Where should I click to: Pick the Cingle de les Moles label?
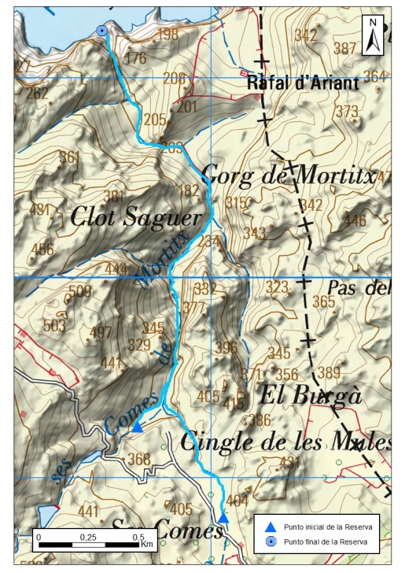click(x=285, y=442)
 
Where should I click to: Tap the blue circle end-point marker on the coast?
click(x=101, y=31)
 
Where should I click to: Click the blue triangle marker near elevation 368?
click(x=137, y=427)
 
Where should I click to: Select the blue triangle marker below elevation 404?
click(x=223, y=518)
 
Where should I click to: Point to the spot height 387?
click(x=344, y=48)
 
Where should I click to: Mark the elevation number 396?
click(x=226, y=347)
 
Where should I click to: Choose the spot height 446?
click(x=355, y=219)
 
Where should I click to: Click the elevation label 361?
click(x=69, y=157)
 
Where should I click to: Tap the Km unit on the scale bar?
click(x=146, y=545)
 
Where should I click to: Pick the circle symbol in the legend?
click(x=270, y=542)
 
